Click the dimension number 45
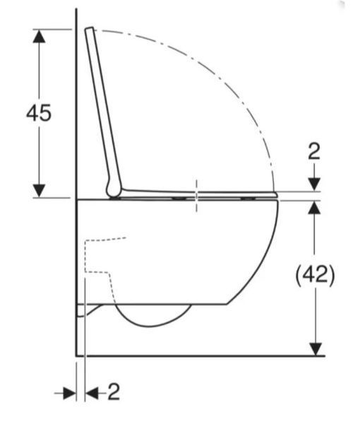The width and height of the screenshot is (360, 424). [39, 112]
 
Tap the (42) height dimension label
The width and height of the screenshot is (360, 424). [315, 276]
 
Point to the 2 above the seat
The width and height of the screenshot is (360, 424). [314, 151]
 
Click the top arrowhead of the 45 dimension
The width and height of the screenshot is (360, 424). [39, 36]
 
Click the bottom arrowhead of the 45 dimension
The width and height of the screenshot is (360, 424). [39, 191]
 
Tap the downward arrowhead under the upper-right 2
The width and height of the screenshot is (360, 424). [314, 184]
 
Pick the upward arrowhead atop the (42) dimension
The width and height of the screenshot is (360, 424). [314, 208]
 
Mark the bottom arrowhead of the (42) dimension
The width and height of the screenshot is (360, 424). [316, 349]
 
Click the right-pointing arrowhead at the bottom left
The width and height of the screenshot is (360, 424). [69, 393]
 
